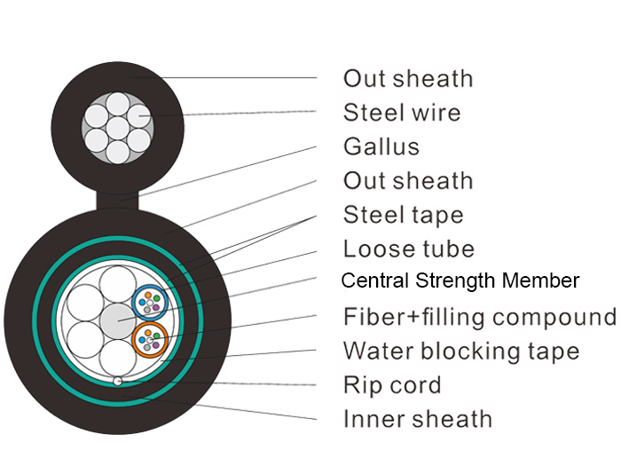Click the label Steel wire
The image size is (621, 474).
402,113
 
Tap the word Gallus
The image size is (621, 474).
381,146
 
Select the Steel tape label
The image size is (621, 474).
403,215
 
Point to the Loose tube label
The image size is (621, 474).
409,249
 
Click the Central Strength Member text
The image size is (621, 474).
460,280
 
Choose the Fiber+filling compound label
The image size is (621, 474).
480,317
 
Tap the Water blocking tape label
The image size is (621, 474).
461,352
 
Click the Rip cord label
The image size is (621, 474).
392,385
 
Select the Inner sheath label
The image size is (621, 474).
418,419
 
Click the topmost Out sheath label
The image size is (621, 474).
408,78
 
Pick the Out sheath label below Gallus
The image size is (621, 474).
408,181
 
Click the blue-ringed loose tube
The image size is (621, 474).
150,303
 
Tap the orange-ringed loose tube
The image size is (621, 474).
150,340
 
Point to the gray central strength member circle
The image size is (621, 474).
118,321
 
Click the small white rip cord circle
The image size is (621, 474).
118,382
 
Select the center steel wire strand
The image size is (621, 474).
118,128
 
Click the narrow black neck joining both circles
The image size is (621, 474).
118,201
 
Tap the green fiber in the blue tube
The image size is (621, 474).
157,298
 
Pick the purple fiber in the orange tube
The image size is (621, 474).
155,345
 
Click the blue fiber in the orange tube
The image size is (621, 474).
142,340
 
